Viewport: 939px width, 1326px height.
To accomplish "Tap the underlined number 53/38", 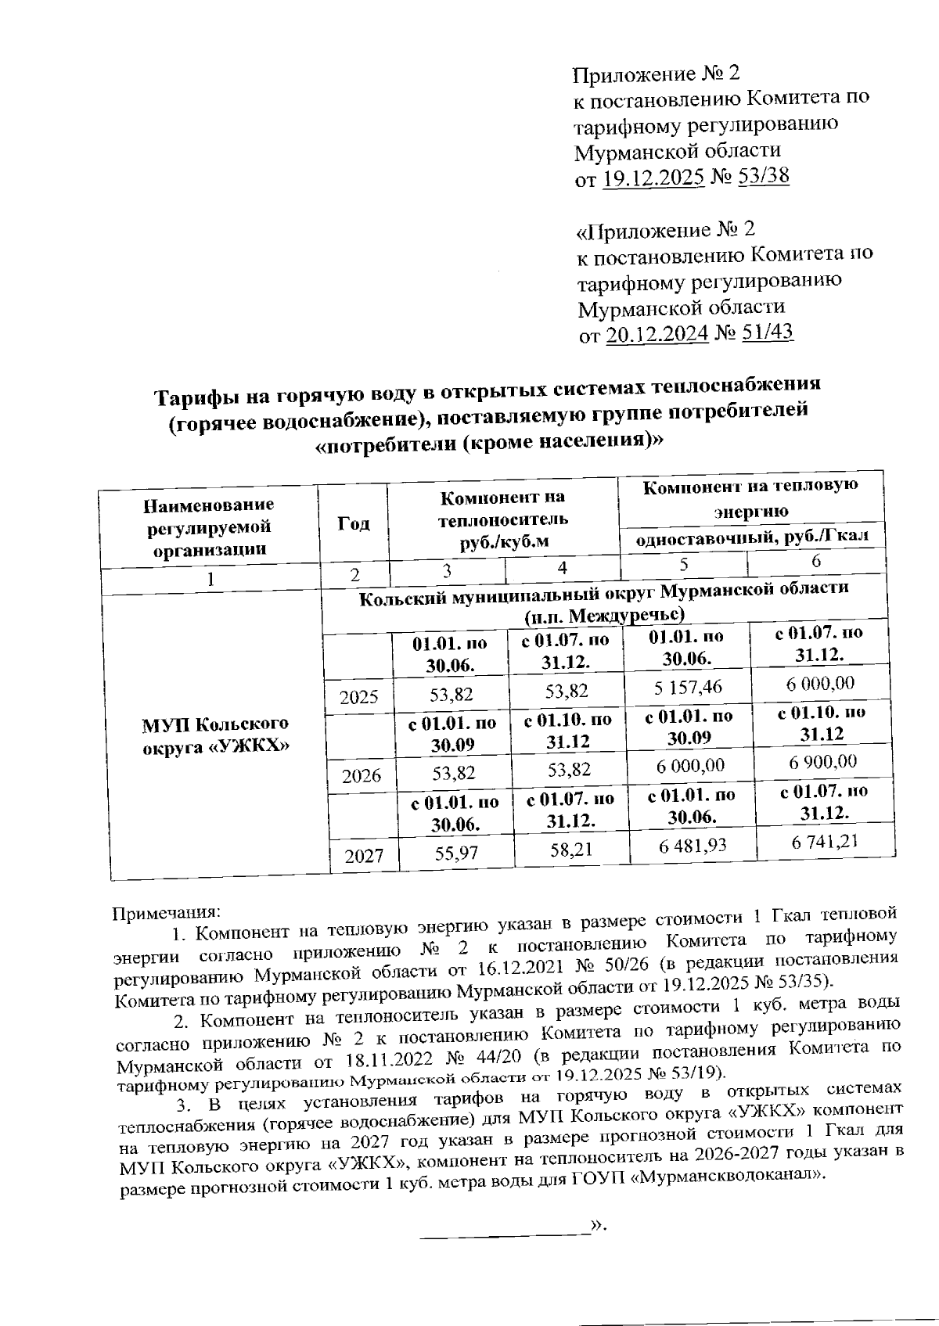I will coord(761,176).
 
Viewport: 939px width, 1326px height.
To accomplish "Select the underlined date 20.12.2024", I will coord(657,334).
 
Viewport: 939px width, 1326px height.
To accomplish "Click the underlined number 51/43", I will coord(765,332).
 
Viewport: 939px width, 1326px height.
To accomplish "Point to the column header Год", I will coord(353,523).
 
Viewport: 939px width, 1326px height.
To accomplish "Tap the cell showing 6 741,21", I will coord(824,841).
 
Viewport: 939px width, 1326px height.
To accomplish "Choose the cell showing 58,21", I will coord(570,850).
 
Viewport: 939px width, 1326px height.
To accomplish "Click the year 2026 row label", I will coord(361,775).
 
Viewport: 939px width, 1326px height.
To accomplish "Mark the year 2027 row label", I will coord(363,856).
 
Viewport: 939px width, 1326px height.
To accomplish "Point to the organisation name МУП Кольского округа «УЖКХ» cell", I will coord(214,735).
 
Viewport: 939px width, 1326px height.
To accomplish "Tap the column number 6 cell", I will coord(816,561).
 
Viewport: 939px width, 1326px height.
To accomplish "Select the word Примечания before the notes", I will coord(167,913).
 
